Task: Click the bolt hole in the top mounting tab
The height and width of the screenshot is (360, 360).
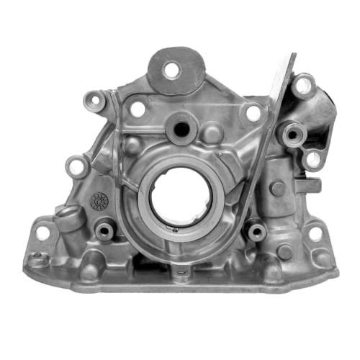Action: [x=171, y=70]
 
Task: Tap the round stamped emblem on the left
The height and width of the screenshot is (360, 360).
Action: [x=99, y=201]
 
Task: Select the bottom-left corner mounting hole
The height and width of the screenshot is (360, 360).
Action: [x=43, y=233]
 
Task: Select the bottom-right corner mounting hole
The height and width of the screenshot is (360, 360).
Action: [x=315, y=233]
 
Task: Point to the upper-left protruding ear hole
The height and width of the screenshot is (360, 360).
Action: [x=94, y=99]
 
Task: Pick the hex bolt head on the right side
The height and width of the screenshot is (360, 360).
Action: [x=277, y=189]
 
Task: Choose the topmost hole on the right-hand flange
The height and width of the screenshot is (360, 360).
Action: [x=303, y=85]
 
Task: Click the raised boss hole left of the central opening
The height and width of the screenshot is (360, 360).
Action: [x=105, y=231]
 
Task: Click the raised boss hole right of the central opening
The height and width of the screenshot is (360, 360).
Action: [x=255, y=231]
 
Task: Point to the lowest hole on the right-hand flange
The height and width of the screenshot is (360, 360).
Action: [x=312, y=159]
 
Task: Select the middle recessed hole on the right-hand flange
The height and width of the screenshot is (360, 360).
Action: [x=292, y=132]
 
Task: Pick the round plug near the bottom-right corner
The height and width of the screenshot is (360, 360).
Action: [x=285, y=251]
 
